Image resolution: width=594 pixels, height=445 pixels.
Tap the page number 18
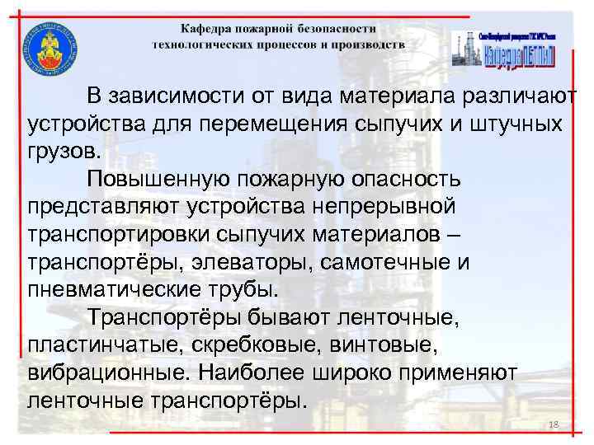(x=554, y=424)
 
